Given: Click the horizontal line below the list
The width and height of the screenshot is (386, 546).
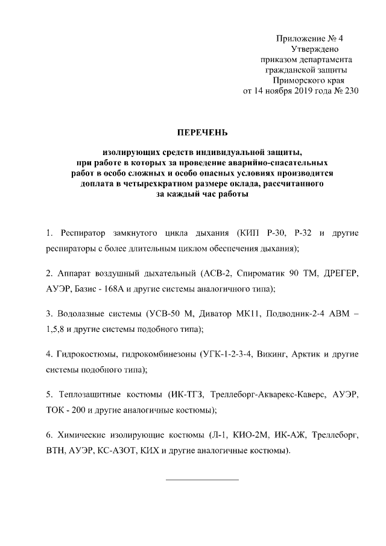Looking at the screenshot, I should coord(202,480).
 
